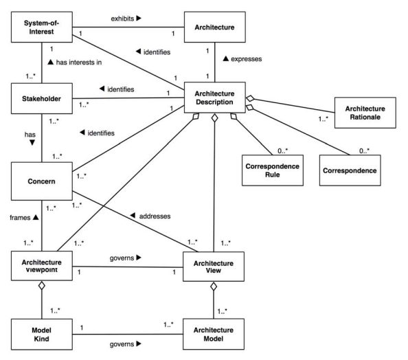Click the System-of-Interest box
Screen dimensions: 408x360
pos(42,27)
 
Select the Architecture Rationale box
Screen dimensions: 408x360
pos(365,113)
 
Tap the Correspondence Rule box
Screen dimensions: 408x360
pos(273,170)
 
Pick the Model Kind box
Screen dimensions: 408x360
pos(42,334)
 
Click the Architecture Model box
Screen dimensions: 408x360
pos(214,334)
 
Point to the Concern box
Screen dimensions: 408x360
pos(42,181)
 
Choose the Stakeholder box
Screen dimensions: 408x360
pos(42,98)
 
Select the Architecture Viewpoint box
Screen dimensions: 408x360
pos(42,266)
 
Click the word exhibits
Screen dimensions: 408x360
pos(122,19)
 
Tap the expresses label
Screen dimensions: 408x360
pos(246,59)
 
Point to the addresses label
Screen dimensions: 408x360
pos(155,216)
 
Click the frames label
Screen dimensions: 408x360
pos(20,218)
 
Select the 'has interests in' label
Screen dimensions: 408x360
pos(79,63)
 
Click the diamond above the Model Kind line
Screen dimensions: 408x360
pos(42,286)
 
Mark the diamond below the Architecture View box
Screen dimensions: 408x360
pos(214,286)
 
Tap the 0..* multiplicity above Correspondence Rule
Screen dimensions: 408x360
pos(282,150)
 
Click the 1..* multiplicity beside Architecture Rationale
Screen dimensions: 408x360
pos(324,119)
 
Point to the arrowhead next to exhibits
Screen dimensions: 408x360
pos(139,18)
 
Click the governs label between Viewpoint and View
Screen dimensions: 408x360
pos(122,258)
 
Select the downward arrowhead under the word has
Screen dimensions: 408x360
pos(32,142)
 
